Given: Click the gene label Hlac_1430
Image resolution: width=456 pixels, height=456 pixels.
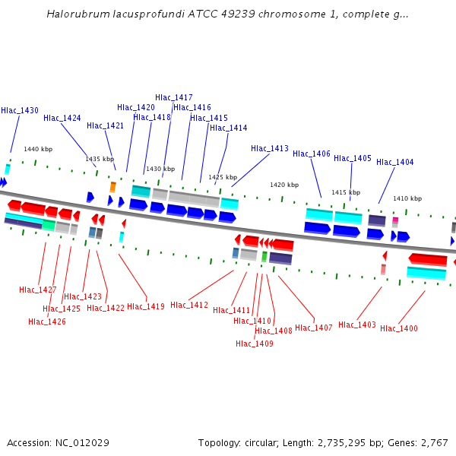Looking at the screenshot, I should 20,110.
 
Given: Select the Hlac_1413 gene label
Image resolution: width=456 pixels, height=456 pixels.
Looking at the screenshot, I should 270,148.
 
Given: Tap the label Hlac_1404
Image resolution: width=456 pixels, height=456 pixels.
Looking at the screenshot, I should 395,162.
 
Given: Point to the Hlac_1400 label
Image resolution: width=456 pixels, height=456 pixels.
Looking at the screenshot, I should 399,328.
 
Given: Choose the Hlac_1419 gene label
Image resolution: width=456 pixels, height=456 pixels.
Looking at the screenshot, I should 146,306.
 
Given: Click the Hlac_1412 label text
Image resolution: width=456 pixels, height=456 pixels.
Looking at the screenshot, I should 189,305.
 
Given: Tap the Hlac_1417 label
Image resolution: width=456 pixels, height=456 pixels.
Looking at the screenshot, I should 174,97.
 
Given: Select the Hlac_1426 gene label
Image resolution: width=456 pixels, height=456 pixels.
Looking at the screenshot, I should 47,321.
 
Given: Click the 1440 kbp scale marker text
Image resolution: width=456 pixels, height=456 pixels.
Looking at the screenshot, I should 38,150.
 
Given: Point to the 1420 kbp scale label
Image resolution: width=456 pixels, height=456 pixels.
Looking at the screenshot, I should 284,185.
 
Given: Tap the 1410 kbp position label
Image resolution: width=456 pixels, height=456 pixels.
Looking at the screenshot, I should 407,198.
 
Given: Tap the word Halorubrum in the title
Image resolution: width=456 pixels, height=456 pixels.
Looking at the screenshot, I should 76,14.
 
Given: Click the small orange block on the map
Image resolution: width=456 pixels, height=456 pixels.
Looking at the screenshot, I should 113,186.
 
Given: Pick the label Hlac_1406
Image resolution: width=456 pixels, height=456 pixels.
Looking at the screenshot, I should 312,154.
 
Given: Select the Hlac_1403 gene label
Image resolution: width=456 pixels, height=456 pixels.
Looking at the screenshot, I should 357,325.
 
